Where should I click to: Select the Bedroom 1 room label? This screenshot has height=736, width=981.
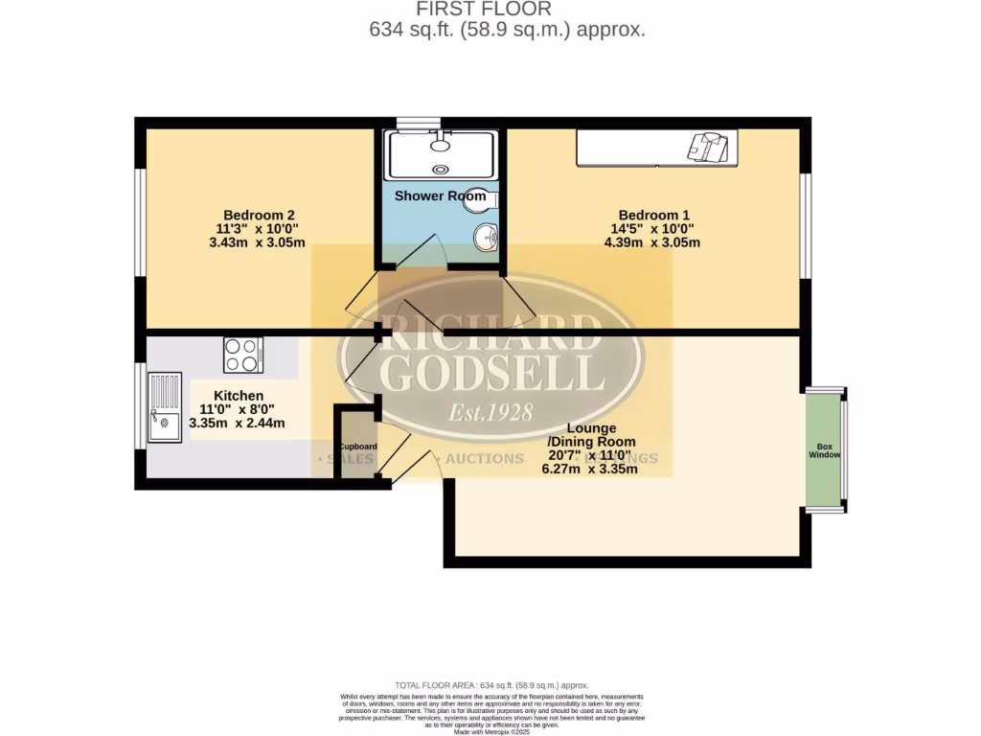point(653,215)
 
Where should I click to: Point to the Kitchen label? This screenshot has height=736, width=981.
point(238,396)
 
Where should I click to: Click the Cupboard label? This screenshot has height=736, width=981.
point(356,447)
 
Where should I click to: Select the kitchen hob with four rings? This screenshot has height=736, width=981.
point(244,356)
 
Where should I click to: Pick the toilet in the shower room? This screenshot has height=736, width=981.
point(484,200)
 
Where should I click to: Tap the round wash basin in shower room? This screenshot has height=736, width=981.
point(487,236)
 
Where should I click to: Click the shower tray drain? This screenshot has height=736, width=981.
point(440,170)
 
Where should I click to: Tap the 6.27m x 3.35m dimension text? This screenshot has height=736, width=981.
point(589,470)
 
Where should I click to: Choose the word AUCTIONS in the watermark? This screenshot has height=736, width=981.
point(485,459)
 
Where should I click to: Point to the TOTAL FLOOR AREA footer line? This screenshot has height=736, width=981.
point(490,686)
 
